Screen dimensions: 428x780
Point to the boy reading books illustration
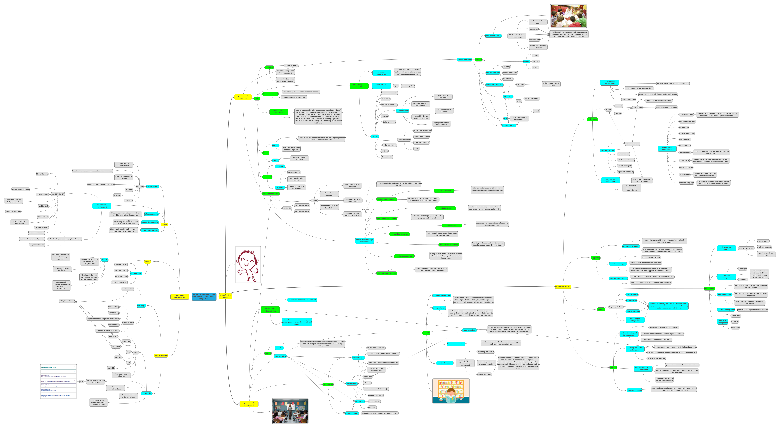click(x=451, y=391)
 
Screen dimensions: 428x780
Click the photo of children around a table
click(x=568, y=16)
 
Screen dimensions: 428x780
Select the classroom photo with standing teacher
click(x=290, y=411)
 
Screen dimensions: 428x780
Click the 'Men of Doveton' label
click(x=42, y=174)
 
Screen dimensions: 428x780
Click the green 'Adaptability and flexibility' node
click(x=359, y=86)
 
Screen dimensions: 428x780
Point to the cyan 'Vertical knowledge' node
click(x=464, y=60)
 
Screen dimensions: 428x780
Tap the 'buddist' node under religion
click(x=535, y=55)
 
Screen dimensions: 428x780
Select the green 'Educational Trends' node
click(x=444, y=191)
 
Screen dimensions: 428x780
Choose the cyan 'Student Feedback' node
click(x=469, y=330)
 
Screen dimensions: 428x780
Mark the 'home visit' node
click(x=372, y=407)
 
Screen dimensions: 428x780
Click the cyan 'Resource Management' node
click(x=723, y=321)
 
